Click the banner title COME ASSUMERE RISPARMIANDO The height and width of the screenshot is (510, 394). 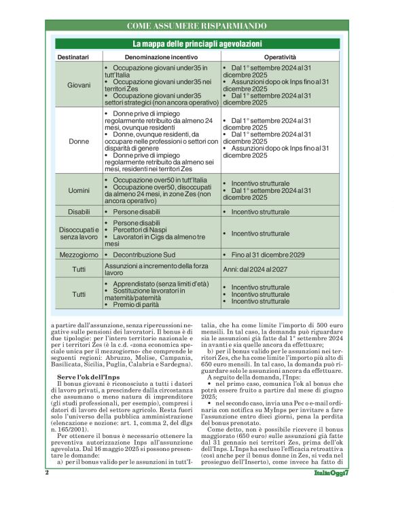196,26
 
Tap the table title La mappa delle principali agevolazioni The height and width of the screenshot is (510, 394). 196,43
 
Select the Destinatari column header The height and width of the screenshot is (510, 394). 73,57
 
